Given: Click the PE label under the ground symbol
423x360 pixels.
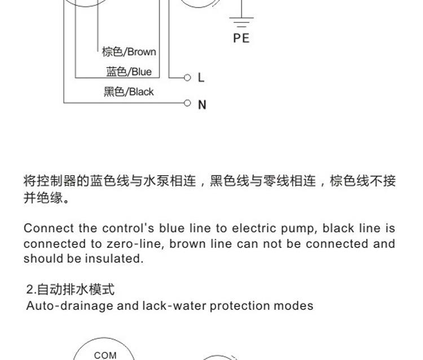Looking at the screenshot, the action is coord(241,38).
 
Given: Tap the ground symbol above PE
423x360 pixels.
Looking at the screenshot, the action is coord(241,22).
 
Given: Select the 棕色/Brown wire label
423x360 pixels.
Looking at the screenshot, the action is coord(129,52).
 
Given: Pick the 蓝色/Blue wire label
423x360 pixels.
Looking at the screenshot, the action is coord(129,72).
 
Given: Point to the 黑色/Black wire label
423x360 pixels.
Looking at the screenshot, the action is coord(129,92).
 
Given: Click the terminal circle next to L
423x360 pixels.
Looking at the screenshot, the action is coord(187,78).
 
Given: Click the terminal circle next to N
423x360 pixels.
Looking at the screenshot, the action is coord(187,103).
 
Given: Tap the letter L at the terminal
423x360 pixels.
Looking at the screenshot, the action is coord(201,78).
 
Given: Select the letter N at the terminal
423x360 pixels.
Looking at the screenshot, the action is coord(202,105).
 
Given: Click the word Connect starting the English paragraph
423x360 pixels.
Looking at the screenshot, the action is coord(49,228).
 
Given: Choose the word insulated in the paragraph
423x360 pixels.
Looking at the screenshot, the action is coord(114,259).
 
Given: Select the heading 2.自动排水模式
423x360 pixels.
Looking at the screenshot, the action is coord(70,290).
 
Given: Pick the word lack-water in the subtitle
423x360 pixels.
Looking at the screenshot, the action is coord(174,305).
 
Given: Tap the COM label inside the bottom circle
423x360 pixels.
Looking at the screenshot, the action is coord(105,355).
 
